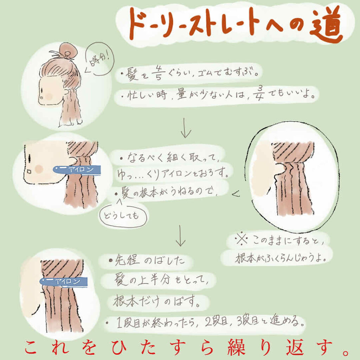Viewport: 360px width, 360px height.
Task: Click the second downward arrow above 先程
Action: (180, 236)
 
